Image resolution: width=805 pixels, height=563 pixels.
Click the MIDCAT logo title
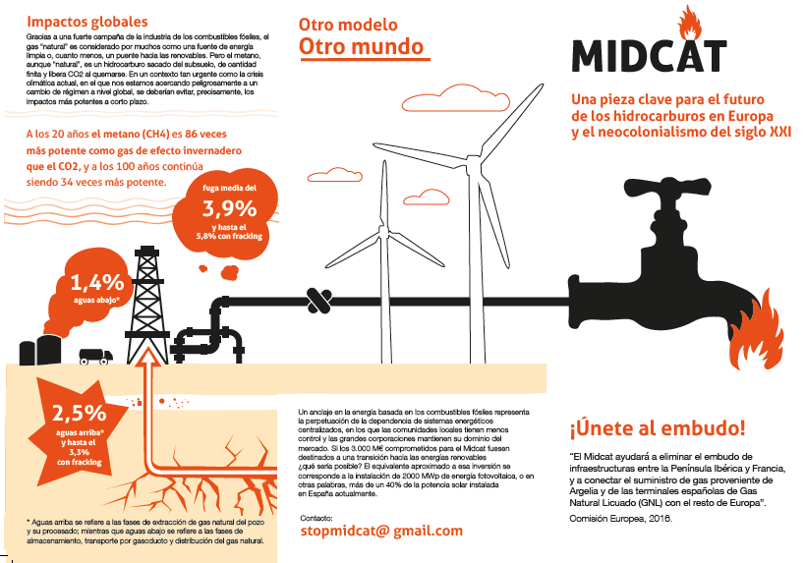pyautogui.click(x=649, y=55)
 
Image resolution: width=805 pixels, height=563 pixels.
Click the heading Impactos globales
pyautogui.click(x=87, y=22)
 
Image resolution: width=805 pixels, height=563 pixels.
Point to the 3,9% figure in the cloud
pyautogui.click(x=229, y=207)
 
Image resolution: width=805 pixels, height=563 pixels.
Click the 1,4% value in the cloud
pyautogui.click(x=96, y=281)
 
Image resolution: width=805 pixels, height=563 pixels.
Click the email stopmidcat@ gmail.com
pyautogui.click(x=380, y=530)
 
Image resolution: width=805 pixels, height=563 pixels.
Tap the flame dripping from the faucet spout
pyautogui.click(x=749, y=345)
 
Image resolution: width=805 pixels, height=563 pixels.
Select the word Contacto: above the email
pyautogui.click(x=316, y=515)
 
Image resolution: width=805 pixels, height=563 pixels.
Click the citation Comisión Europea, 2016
pyautogui.click(x=621, y=518)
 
